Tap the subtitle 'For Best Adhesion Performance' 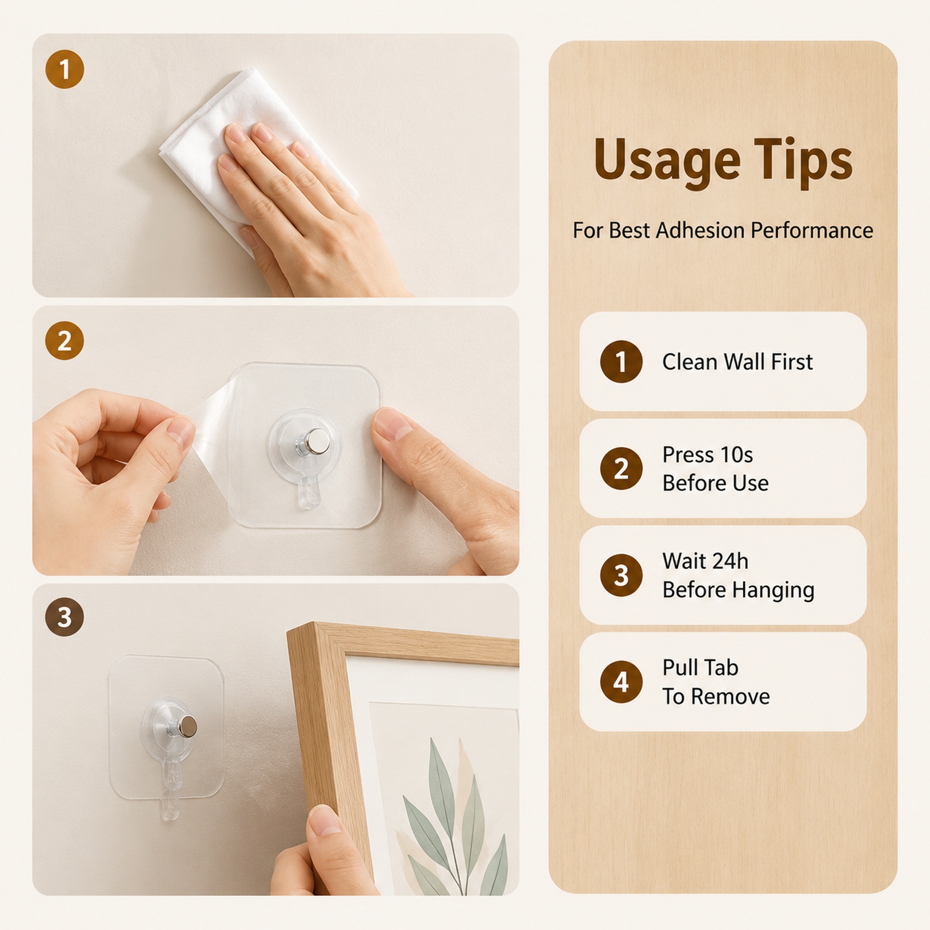722,230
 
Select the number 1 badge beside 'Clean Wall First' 621,361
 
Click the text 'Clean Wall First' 737,362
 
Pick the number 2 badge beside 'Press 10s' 621,468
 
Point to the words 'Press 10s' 707,455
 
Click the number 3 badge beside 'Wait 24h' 621,575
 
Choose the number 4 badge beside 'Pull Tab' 621,682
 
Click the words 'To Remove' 716,697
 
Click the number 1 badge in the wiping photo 64,69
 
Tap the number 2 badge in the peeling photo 64,341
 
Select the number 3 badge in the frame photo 64,617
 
